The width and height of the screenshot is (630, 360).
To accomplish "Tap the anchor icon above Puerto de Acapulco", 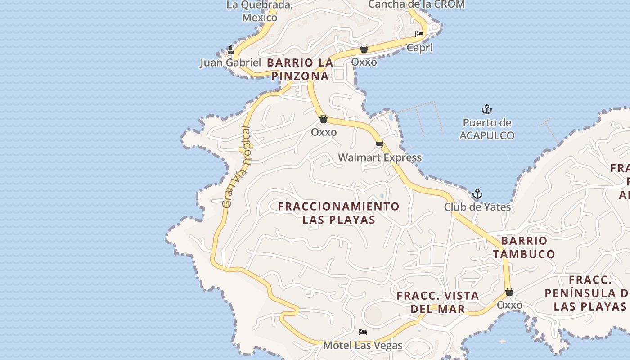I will click(x=486, y=109).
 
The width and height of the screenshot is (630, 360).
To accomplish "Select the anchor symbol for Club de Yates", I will click(x=477, y=194).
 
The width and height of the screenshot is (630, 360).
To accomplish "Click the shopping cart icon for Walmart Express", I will click(x=379, y=144).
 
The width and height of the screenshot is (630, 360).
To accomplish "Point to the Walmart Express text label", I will click(x=380, y=157).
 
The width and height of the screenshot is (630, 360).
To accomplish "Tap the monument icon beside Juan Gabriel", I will click(x=231, y=50).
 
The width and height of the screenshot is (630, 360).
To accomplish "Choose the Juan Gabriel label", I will click(x=230, y=63).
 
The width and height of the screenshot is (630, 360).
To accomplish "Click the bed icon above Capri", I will click(x=419, y=34).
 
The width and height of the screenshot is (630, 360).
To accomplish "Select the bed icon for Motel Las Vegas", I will click(x=363, y=333).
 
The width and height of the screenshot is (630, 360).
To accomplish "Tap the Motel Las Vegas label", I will click(x=363, y=346).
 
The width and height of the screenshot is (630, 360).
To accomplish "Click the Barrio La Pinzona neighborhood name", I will click(x=300, y=69).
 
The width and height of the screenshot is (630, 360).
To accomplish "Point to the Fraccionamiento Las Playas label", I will click(x=338, y=213).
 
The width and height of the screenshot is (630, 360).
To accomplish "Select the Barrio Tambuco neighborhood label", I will click(x=524, y=247).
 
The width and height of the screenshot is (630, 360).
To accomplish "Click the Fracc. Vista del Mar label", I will click(x=438, y=302).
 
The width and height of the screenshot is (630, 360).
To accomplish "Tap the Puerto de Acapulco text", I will click(x=486, y=129).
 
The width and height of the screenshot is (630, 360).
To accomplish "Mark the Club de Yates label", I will click(x=477, y=207).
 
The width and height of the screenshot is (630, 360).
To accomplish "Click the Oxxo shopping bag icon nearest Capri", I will click(x=364, y=49).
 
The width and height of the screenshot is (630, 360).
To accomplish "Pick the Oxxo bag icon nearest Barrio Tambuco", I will click(x=509, y=292).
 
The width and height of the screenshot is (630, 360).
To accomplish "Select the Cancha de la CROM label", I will click(x=416, y=4).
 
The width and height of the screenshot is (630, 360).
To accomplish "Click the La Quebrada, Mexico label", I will click(x=260, y=11).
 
